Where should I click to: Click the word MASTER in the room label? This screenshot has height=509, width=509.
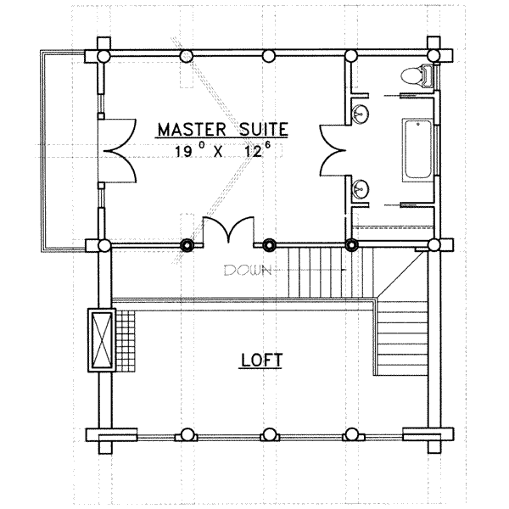pyautogui.click(x=192, y=129)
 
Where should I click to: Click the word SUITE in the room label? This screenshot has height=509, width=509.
pyautogui.click(x=263, y=129)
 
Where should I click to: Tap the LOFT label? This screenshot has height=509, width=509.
pyautogui.click(x=261, y=360)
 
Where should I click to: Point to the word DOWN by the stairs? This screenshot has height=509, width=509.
pyautogui.click(x=248, y=270)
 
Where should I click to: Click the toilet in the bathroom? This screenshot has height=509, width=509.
pyautogui.click(x=417, y=76)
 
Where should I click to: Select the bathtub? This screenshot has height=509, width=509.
pyautogui.click(x=417, y=149)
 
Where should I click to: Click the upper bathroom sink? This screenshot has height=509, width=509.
pyautogui.click(x=361, y=114)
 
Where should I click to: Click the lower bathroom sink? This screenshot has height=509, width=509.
pyautogui.click(x=361, y=188)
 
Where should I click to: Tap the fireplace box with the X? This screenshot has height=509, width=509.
pyautogui.click(x=102, y=340)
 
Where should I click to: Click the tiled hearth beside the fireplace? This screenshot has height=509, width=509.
pyautogui.click(x=126, y=341)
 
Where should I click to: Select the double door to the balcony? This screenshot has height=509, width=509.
pyautogui.click(x=117, y=150)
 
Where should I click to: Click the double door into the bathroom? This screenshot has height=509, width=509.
pyautogui.click(x=333, y=150)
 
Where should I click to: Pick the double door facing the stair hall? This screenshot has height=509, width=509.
pyautogui.click(x=228, y=230)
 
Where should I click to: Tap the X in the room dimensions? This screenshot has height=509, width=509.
pyautogui.click(x=218, y=152)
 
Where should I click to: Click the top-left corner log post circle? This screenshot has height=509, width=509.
pyautogui.click(x=103, y=56)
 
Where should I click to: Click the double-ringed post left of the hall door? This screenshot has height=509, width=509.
pyautogui.click(x=187, y=245)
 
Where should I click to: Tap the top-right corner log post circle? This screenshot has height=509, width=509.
pyautogui.click(x=433, y=55)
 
